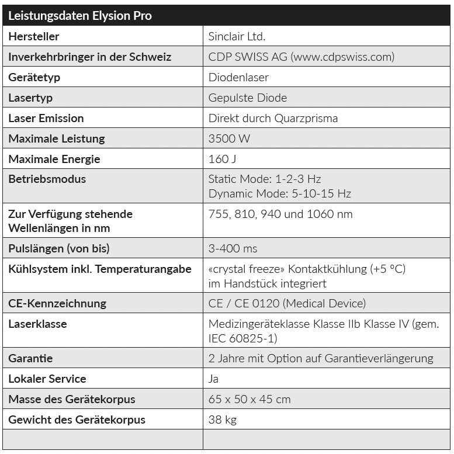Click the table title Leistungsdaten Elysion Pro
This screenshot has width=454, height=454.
[80, 16]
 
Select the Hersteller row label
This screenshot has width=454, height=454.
[34, 37]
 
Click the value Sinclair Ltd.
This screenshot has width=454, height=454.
[237, 37]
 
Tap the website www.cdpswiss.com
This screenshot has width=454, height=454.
[342, 57]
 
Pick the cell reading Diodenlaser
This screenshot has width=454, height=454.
[238, 77]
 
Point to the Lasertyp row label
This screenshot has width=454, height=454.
[30, 98]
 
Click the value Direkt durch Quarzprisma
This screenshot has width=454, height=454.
[273, 118]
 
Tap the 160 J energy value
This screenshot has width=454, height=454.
[222, 159]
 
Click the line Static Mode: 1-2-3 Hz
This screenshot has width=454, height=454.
[265, 179]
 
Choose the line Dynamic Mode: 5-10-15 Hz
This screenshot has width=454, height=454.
[280, 193]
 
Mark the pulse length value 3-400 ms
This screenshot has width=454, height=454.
[233, 248]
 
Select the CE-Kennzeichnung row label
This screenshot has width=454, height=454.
[57, 303]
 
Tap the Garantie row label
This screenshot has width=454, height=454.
[30, 358]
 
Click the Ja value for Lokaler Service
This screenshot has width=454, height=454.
[214, 379]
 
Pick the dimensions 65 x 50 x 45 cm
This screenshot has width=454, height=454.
[249, 399]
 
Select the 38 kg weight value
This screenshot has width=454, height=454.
[223, 420]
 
